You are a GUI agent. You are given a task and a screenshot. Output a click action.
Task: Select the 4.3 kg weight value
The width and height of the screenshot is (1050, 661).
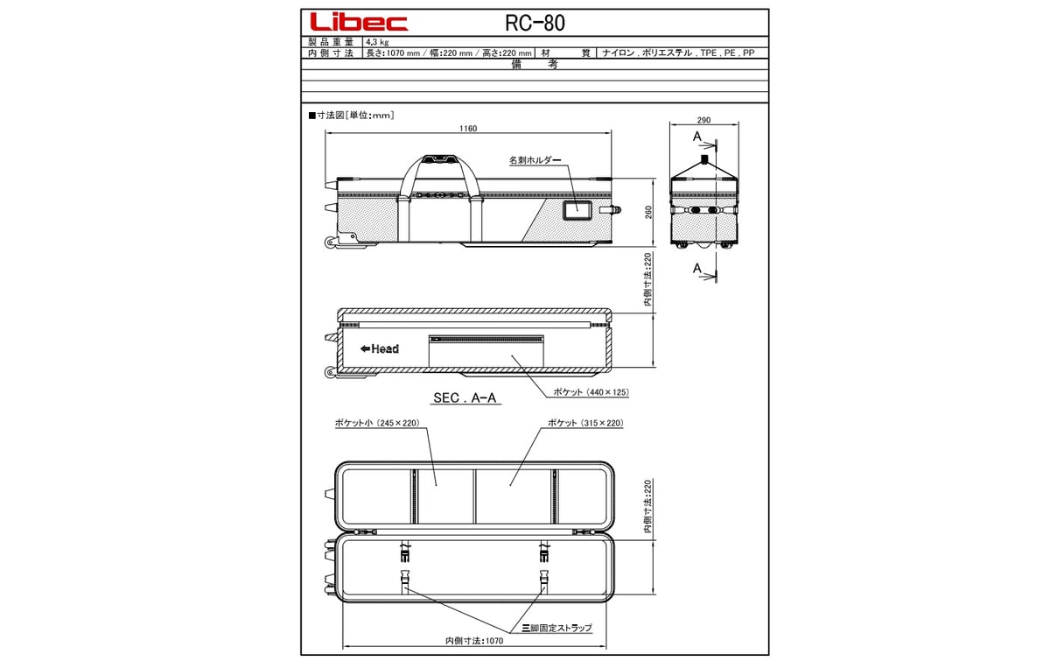(x=377, y=41)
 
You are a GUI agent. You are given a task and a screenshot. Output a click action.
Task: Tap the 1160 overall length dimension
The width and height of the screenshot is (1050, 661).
(x=468, y=129)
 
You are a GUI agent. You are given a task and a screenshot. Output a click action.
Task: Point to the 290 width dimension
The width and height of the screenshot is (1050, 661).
(x=703, y=120)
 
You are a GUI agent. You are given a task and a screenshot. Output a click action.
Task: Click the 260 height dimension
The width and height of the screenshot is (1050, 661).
(x=648, y=213)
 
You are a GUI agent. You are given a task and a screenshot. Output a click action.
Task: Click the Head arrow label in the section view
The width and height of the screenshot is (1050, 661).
(x=379, y=348)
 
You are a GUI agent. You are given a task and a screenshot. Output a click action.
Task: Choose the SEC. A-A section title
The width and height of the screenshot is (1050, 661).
(x=465, y=397)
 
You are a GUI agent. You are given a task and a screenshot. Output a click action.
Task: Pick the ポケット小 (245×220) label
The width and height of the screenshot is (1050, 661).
(x=377, y=423)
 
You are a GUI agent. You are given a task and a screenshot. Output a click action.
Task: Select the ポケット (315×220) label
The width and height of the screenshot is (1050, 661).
(x=584, y=423)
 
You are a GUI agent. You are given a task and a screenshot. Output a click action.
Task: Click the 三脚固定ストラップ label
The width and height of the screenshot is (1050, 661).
(x=556, y=628)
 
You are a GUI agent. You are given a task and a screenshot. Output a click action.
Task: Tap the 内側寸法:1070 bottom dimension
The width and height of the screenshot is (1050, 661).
(x=473, y=640)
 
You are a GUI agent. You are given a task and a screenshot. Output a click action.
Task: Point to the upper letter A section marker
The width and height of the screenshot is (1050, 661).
(x=696, y=137)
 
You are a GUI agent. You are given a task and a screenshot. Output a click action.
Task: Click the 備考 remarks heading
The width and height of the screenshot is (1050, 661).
(x=534, y=65)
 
